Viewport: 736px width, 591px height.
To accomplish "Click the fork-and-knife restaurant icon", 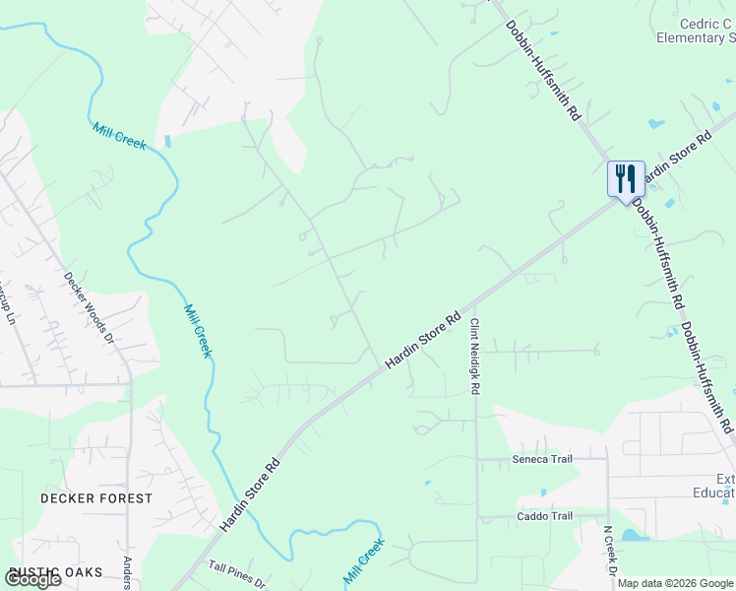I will tap(625, 179).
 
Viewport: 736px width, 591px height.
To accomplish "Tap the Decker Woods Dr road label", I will tap(91, 306).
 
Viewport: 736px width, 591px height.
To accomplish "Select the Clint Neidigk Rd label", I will tap(474, 357).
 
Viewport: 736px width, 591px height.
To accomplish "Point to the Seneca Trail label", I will tap(540, 458).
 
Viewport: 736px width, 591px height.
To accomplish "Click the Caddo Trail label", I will tap(545, 516).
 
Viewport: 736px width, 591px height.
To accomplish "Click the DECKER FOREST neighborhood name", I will tap(96, 498).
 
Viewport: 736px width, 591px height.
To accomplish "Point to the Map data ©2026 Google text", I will tap(675, 583).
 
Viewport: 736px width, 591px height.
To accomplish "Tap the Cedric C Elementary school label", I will tap(696, 31).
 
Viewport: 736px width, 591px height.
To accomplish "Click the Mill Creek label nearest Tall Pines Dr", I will tap(363, 562).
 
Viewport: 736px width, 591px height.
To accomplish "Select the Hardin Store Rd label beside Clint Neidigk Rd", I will tap(423, 341).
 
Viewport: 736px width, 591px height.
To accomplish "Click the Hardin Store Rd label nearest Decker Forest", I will tap(250, 495).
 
